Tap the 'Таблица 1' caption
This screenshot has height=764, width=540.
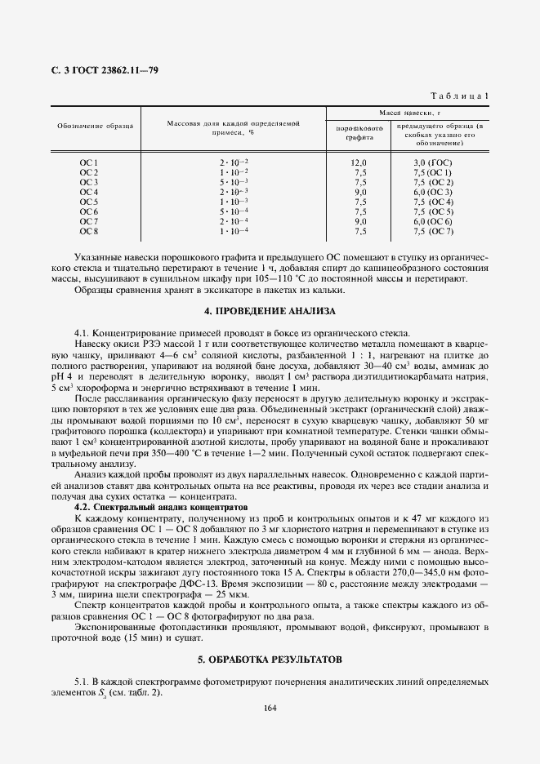point(462,96)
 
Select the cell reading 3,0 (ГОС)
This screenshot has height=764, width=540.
point(433,163)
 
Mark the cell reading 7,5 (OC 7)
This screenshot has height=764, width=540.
point(433,231)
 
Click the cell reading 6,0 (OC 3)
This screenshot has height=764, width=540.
point(433,192)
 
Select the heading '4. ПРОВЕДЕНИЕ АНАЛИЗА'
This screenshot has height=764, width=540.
point(270,312)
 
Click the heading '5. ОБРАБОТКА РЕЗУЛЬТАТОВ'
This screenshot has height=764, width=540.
point(270,658)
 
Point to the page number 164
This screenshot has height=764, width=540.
point(270,707)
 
